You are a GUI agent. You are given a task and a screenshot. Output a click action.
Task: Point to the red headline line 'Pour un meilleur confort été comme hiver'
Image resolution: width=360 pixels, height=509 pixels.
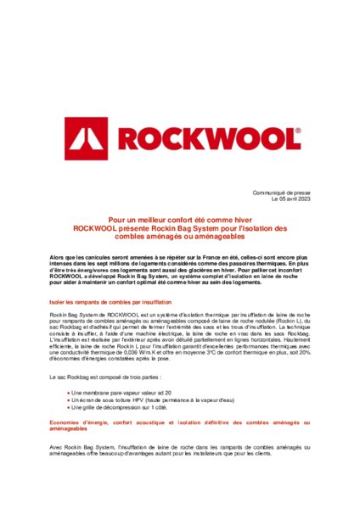pyautogui.click(x=180, y=218)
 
